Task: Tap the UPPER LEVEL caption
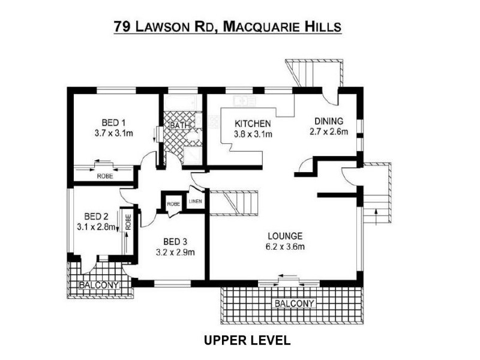pos(247,341)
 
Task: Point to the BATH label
pos(179,125)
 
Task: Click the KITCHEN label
pos(253,124)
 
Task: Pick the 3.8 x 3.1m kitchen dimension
pos(253,134)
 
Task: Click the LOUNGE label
pos(286,236)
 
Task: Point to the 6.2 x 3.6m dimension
pos(286,247)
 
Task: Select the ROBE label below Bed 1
pos(105,176)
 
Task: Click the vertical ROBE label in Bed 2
pos(128,222)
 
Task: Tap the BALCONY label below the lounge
pos(294,304)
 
